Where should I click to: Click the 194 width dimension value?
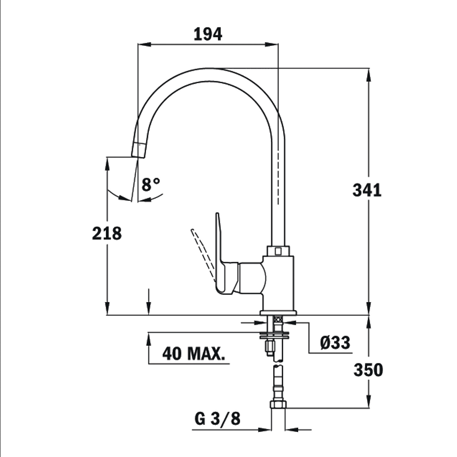pyautogui.click(x=208, y=34)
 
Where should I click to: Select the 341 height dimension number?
pyautogui.click(x=367, y=190)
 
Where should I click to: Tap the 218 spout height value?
pyautogui.click(x=107, y=233)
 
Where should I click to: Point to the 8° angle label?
pyautogui.click(x=151, y=184)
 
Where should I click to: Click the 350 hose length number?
pyautogui.click(x=368, y=370)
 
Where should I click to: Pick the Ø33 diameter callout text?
pyautogui.click(x=335, y=343)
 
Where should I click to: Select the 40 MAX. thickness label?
pyautogui.click(x=194, y=354)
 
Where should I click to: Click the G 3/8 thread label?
pyautogui.click(x=217, y=419)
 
